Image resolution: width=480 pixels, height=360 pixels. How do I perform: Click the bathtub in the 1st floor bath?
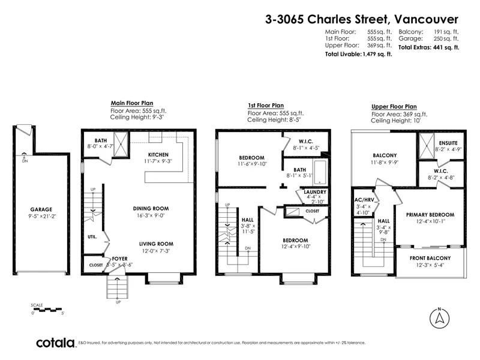point(319,172)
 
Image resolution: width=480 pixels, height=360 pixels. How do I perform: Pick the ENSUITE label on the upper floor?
point(448,142)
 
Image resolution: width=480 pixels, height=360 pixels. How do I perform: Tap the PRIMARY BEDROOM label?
point(430,214)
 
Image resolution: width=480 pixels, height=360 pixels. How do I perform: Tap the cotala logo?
point(56,343)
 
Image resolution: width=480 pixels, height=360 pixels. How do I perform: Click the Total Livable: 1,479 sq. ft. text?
point(358,53)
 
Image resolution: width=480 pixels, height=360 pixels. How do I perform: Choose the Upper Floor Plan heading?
point(394,106)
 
